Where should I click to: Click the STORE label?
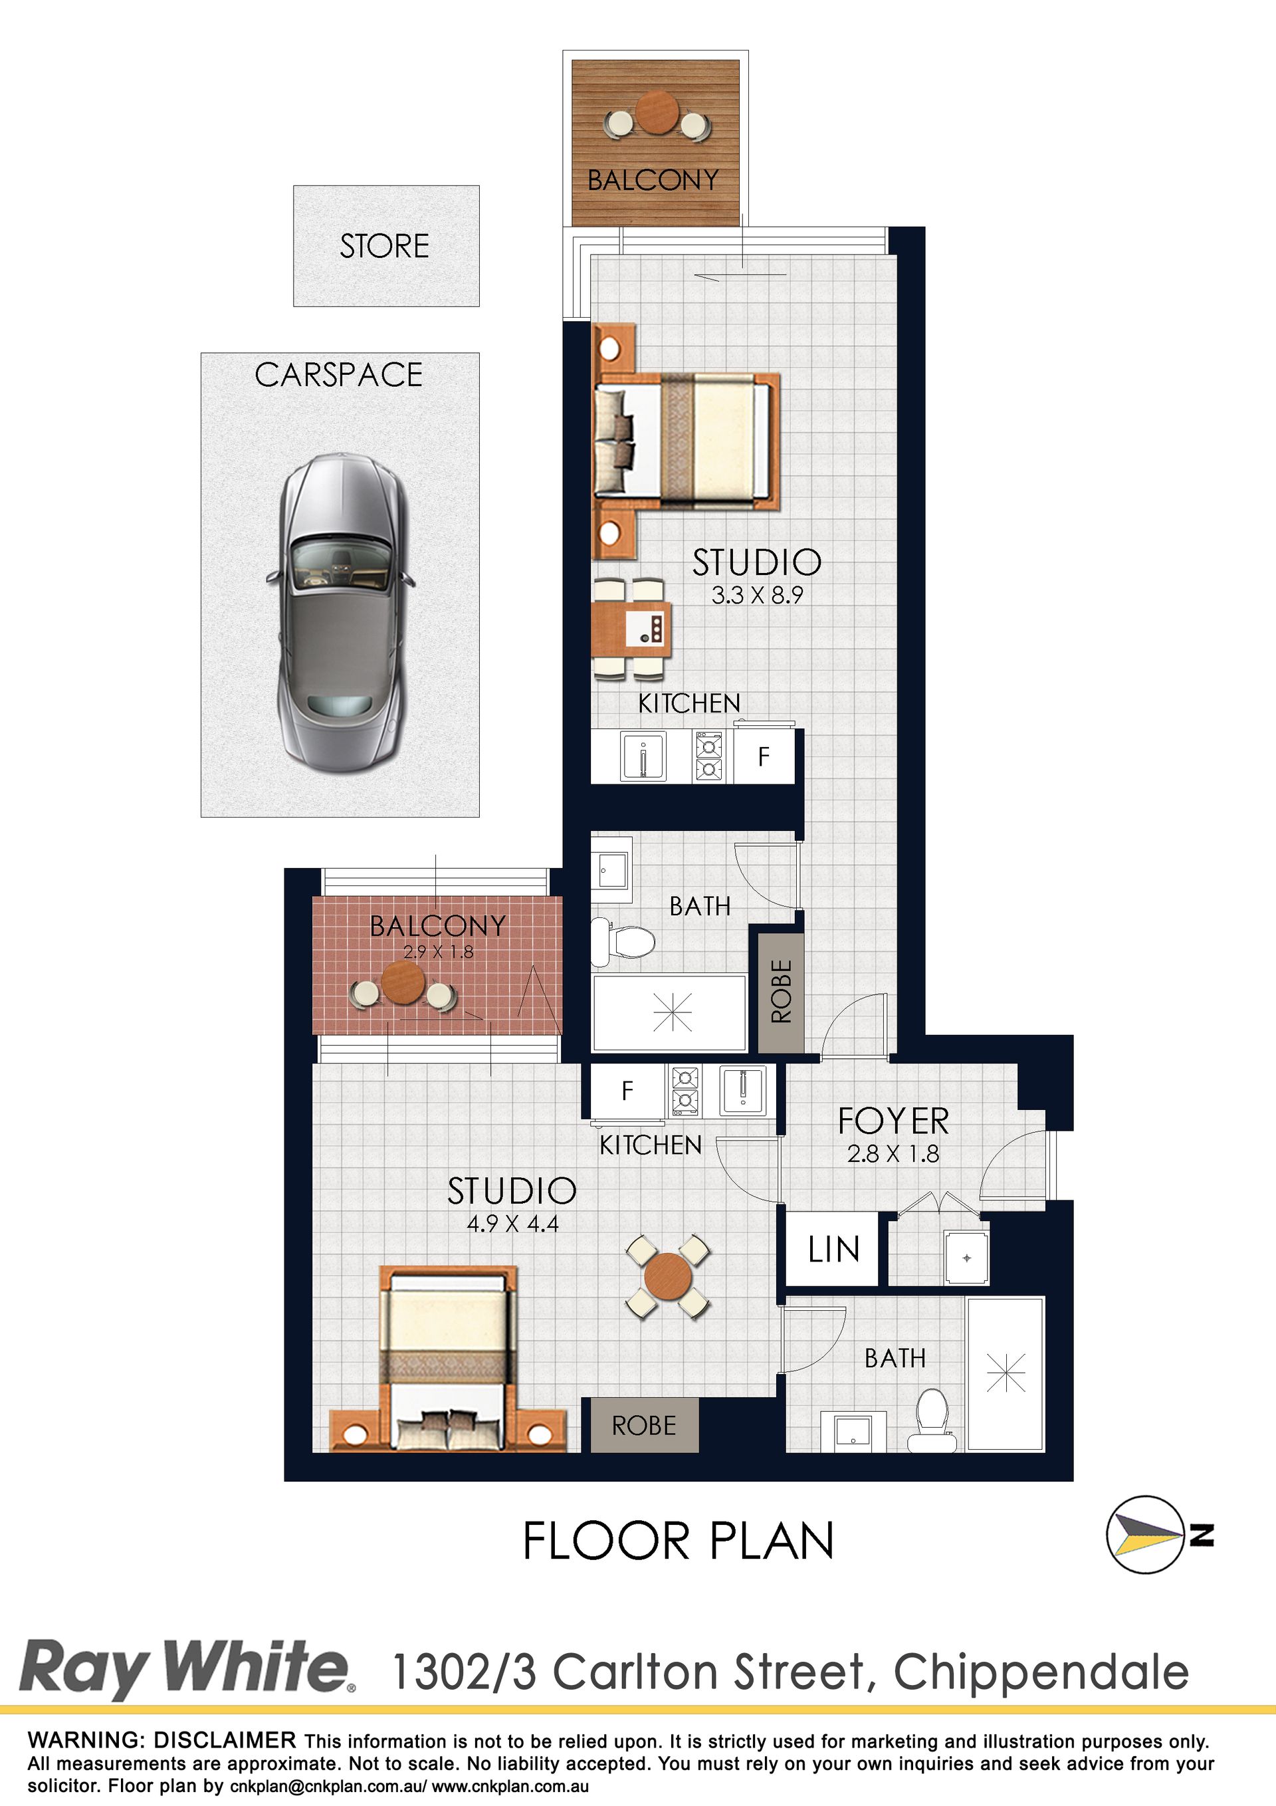pyautogui.click(x=385, y=246)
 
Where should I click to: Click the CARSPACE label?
pyautogui.click(x=339, y=375)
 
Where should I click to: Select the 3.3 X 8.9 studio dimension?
pyautogui.click(x=757, y=596)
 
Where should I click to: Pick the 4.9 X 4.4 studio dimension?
pyautogui.click(x=513, y=1224)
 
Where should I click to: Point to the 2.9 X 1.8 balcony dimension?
pyautogui.click(x=438, y=952)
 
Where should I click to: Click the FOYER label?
pyautogui.click(x=894, y=1121)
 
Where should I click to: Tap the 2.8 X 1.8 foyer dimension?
pyautogui.click(x=894, y=1154)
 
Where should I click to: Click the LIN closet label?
pyautogui.click(x=834, y=1249)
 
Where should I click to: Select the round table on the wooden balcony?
pyautogui.click(x=657, y=112)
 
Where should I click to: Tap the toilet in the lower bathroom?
pyautogui.click(x=933, y=1420)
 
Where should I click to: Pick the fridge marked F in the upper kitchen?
pyautogui.click(x=764, y=756)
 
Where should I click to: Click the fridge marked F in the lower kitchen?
pyautogui.click(x=627, y=1090)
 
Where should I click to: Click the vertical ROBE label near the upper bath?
pyautogui.click(x=781, y=991)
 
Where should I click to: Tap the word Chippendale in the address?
pyautogui.click(x=1041, y=1672)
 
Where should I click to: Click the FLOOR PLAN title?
pyautogui.click(x=678, y=1541)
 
